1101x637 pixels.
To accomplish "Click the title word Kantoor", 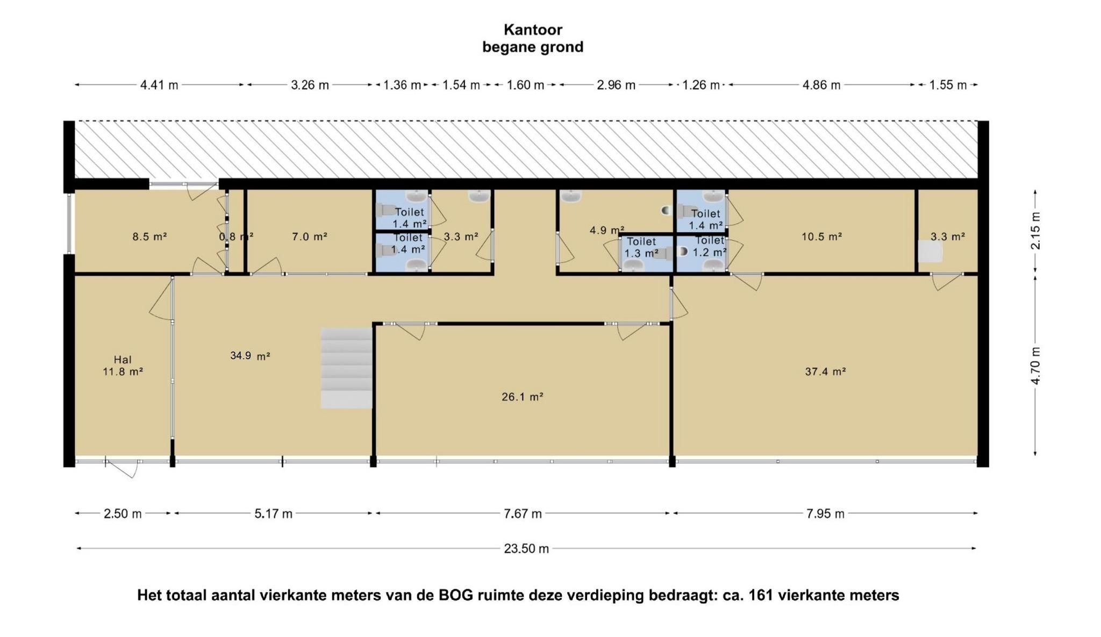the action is (533, 30).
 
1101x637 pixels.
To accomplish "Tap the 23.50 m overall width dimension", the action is (526, 548).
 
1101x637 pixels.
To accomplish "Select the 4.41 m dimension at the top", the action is (159, 85).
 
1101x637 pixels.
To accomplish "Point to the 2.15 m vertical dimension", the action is (1035, 231).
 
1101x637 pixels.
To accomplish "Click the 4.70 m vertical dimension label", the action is (1035, 366).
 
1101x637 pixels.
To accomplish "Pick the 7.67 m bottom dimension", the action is (523, 514).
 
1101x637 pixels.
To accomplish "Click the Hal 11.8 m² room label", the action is (123, 366).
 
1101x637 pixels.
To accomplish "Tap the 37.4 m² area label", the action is (825, 371).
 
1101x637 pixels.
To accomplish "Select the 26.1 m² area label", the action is (523, 397).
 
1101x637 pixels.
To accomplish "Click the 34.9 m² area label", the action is (250, 355).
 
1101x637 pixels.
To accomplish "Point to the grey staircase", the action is (347, 368).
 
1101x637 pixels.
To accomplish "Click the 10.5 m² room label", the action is (821, 237).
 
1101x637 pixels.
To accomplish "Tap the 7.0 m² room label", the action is (310, 237).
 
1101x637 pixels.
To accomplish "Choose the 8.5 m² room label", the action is (149, 237).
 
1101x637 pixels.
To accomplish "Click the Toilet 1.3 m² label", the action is (641, 247).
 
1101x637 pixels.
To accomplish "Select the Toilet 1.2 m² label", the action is (710, 246).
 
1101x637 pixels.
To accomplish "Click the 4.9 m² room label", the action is (607, 231).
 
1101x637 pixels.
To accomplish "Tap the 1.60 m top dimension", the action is (526, 85).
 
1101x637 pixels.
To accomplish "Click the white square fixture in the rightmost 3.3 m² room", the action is (930, 251).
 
